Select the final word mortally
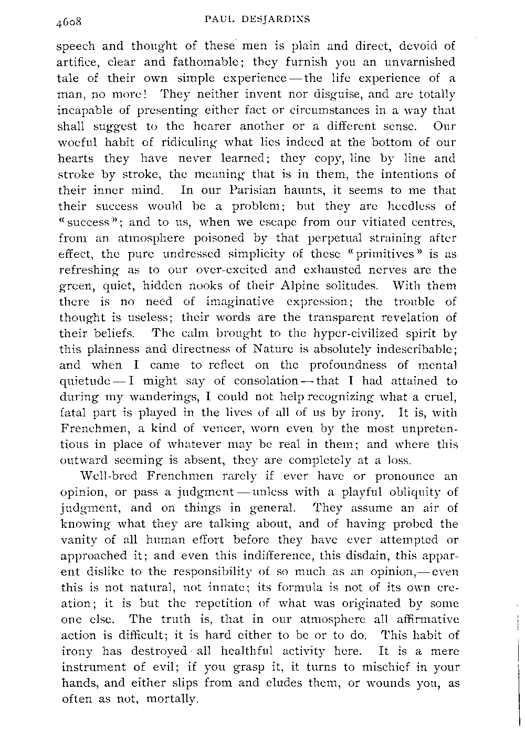point(173,699)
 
